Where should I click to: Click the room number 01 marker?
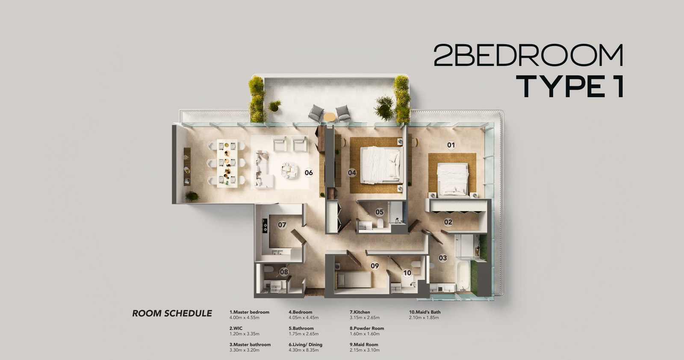click(x=451, y=145)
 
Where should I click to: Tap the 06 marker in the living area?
click(x=309, y=173)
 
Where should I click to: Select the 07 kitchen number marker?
click(x=282, y=225)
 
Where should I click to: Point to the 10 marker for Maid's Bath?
click(x=407, y=273)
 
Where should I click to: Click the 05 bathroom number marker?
click(x=379, y=212)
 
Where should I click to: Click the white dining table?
click(x=227, y=163)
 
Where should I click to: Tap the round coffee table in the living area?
click(x=290, y=170)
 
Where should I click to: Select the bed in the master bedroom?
click(x=453, y=179)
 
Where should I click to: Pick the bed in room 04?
click(x=380, y=165)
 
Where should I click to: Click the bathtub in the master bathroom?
click(x=463, y=274)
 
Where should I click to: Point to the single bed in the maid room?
click(x=354, y=279)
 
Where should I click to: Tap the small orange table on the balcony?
click(x=330, y=117)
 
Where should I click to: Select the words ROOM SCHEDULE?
click(x=172, y=313)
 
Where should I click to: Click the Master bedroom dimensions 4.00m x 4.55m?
click(x=244, y=318)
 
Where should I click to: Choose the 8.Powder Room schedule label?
click(x=367, y=328)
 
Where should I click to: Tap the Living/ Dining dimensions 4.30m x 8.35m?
click(x=304, y=350)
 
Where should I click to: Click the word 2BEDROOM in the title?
click(x=528, y=55)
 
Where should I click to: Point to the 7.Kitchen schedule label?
click(x=360, y=312)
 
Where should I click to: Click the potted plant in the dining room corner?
click(x=192, y=196)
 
